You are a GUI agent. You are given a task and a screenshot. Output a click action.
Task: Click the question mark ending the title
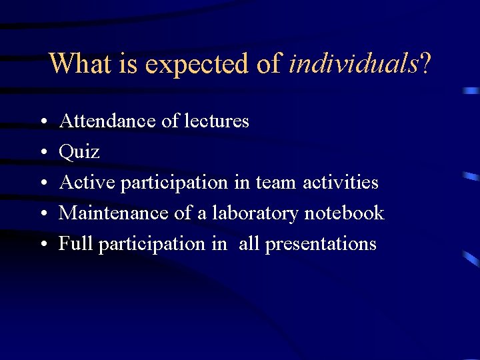[x=425, y=64]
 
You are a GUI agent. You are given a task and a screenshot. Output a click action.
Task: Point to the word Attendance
[x=109, y=121]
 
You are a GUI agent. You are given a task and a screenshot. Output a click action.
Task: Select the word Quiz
[x=79, y=153]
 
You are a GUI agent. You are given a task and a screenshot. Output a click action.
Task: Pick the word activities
[x=341, y=182]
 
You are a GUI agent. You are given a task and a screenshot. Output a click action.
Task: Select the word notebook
[x=344, y=213]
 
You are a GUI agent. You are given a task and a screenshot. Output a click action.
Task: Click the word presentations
[x=321, y=245]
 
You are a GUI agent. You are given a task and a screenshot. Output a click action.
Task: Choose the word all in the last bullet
[x=249, y=244]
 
